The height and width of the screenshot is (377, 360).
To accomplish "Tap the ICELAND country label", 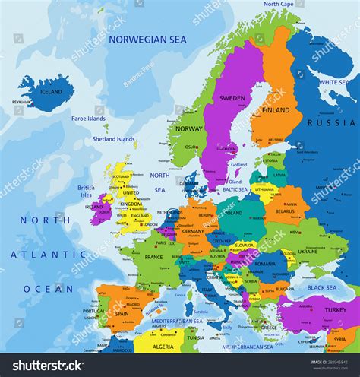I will pos(51,92).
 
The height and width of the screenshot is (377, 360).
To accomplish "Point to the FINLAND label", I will pos(276,109).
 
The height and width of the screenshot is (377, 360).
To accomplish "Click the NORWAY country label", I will pos(189,128).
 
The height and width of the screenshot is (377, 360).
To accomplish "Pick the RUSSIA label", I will pos(330,122).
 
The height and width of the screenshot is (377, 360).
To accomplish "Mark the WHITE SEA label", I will pos(334,81).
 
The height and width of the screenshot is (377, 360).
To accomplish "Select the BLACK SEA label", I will pos(322,287).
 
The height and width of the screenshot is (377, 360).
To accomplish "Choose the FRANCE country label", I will pos(154,257).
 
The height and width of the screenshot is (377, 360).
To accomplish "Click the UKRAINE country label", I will pos(308,250).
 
